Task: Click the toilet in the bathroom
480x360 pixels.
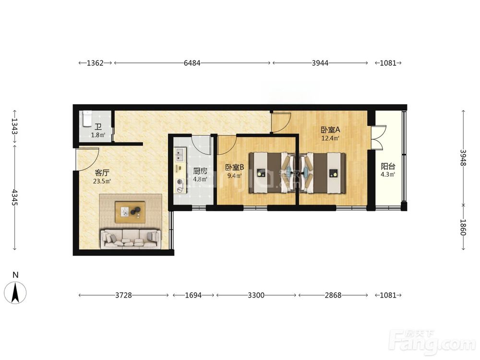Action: pos(87,119)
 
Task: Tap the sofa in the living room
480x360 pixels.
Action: pos(131,238)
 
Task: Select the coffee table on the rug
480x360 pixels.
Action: pos(130,212)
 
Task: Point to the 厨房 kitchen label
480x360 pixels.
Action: pos(200,171)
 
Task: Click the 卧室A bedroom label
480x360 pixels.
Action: pos(330,130)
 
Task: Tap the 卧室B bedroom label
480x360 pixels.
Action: pos(235,167)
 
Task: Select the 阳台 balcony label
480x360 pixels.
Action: pos(388,166)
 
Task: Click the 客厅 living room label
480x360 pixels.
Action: pos(102,173)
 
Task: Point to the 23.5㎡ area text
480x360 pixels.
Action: pos(102,181)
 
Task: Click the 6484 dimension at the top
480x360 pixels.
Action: pos(192,63)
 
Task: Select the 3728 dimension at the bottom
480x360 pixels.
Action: pos(123,295)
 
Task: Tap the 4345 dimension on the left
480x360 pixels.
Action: pos(14,197)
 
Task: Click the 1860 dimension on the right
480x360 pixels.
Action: pos(463,227)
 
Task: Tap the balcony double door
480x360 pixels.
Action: pos(377,137)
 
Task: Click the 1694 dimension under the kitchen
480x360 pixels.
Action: pos(193,295)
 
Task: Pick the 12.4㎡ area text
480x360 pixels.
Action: pos(330,138)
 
